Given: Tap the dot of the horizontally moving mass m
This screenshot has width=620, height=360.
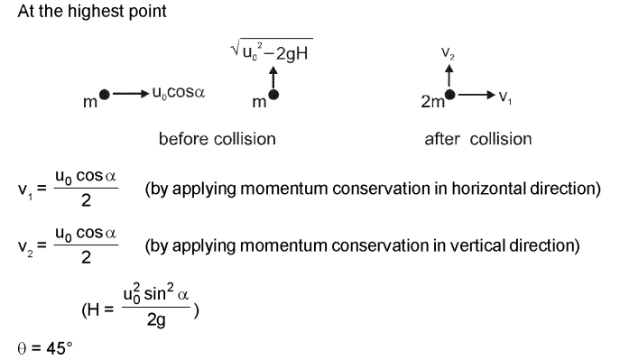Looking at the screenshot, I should (x=106, y=94).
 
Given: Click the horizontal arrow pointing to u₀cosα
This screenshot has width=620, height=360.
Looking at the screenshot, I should (x=124, y=94).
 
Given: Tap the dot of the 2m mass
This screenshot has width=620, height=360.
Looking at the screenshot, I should (x=450, y=94).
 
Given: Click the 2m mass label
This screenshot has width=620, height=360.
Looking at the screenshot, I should (x=433, y=102).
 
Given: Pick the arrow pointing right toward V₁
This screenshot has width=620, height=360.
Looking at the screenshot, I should (x=474, y=94).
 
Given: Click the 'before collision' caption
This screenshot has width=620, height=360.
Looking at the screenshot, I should (x=217, y=139).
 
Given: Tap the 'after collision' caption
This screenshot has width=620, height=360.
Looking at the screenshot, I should (x=477, y=139).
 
